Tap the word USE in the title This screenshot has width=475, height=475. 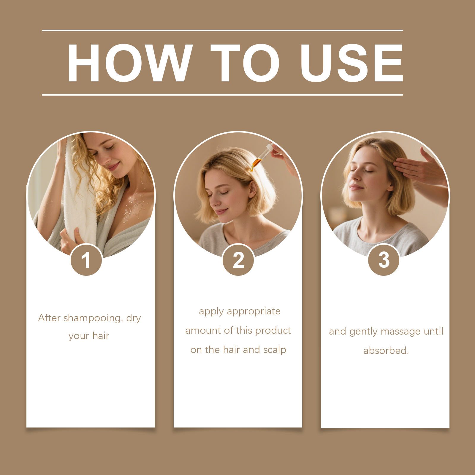click(x=351, y=63)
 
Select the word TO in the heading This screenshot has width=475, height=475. click(x=245, y=63)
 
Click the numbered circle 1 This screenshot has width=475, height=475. click(x=86, y=260)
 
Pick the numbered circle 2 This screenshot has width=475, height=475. click(x=238, y=260)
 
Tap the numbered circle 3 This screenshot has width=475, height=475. click(x=384, y=260)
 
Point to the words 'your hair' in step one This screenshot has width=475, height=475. click(x=89, y=336)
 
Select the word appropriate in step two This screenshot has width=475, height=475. click(x=254, y=311)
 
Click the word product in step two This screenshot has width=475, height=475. click(x=273, y=330)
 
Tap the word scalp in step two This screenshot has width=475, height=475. click(x=274, y=350)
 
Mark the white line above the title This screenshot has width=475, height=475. click(x=222, y=30)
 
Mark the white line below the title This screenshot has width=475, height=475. click(x=222, y=95)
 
